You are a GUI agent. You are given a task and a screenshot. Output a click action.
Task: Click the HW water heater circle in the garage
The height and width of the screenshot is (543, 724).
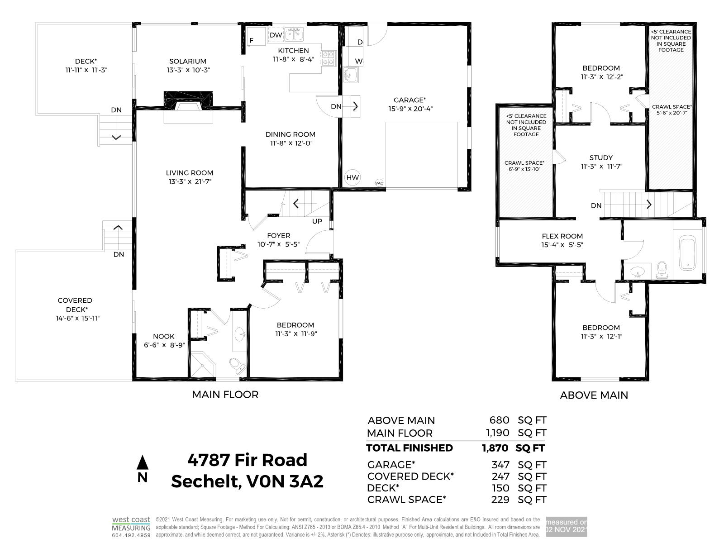[x=352, y=177]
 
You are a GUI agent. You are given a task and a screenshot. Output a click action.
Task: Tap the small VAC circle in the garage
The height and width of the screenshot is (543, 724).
[x=379, y=183]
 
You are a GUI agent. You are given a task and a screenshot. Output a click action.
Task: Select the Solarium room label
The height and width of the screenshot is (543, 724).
[x=188, y=62]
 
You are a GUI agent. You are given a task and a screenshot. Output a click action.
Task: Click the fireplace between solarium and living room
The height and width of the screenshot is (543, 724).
[x=188, y=100]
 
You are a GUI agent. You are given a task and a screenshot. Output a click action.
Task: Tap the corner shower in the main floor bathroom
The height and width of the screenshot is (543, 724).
[x=203, y=364]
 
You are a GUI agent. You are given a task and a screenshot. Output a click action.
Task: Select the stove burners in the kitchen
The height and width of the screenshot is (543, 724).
[x=328, y=58]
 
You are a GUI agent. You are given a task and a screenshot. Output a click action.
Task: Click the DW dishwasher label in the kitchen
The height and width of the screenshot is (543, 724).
[x=276, y=35]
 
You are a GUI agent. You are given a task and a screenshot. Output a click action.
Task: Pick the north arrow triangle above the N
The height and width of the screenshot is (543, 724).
[x=143, y=462]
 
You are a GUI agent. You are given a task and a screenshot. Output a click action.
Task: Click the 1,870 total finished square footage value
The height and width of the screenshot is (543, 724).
[x=495, y=448]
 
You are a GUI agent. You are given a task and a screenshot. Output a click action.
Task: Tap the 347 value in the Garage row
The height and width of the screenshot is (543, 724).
[x=500, y=465]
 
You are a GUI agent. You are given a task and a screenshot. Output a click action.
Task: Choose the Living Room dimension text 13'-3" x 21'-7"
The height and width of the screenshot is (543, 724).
[x=190, y=181]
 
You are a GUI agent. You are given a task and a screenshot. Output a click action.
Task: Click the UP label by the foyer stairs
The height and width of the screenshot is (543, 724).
[x=317, y=221]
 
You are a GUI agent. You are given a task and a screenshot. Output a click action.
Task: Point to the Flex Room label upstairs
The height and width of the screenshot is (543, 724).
[x=562, y=236]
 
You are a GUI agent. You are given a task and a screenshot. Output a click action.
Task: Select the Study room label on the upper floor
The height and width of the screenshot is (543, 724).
[x=601, y=157]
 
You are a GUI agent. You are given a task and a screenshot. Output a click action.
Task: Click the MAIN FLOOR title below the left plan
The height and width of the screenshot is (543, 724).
[x=225, y=394]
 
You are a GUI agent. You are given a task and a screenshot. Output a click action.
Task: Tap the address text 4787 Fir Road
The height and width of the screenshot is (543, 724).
[x=248, y=460]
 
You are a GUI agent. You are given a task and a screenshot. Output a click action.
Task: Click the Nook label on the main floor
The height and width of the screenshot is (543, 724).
[x=164, y=336]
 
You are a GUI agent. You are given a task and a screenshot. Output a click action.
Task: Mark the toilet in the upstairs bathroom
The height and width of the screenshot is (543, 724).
[x=662, y=270]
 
